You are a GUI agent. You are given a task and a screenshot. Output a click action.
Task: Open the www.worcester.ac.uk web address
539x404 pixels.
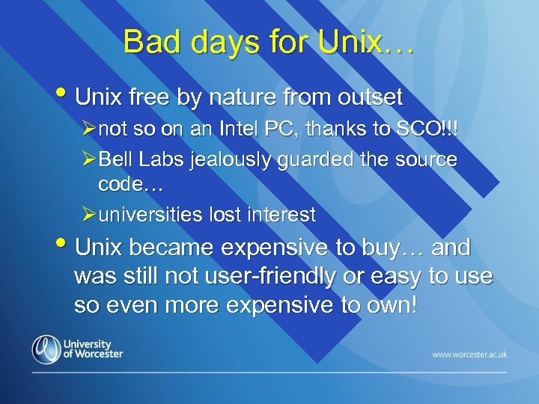tap(469, 353)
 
